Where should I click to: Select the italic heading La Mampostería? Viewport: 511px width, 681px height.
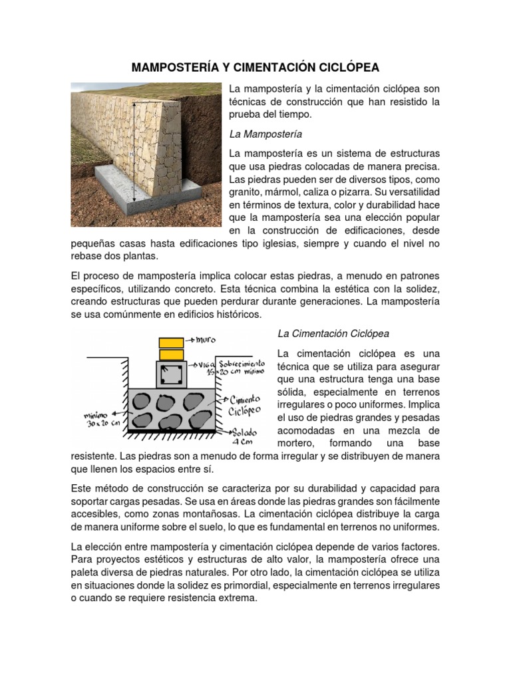coord(256,134)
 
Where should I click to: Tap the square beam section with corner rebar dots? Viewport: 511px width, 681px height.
coord(171,374)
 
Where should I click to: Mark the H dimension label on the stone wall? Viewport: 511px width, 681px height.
coord(132,154)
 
